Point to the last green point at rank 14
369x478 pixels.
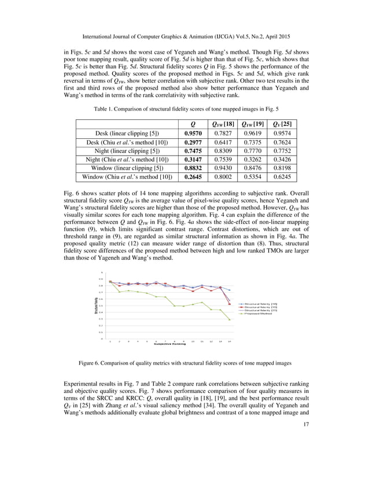[230, 319]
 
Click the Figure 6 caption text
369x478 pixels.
[184, 363]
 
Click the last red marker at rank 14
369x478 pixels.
[230, 304]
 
